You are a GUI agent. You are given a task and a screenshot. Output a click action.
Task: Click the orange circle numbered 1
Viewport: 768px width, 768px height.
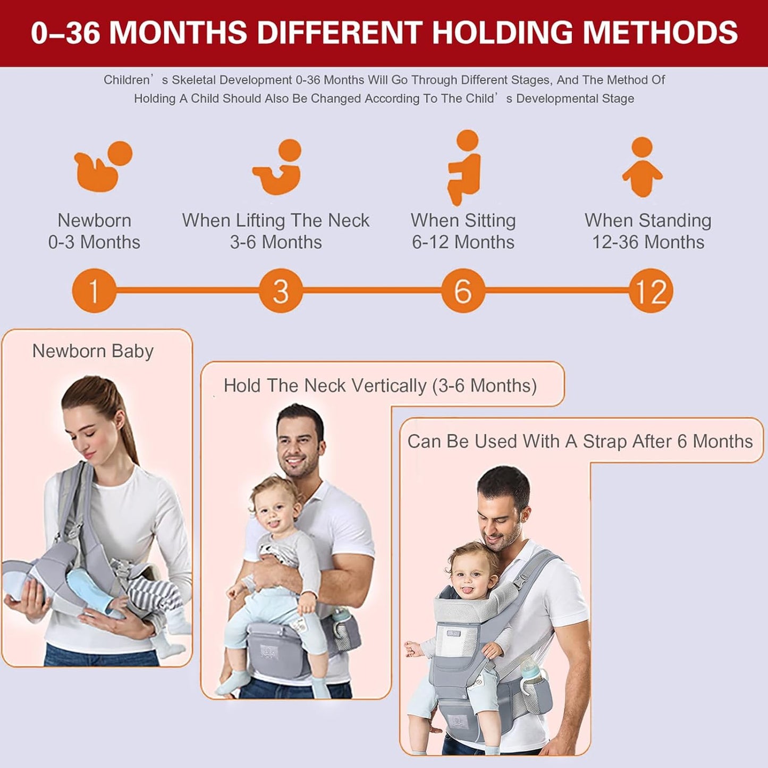pos(94,291)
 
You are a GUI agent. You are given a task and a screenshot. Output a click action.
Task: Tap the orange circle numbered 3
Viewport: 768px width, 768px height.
pos(281,291)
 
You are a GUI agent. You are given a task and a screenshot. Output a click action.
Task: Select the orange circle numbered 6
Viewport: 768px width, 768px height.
pos(463,291)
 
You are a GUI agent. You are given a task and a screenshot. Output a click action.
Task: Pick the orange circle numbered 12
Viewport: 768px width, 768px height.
pos(651,291)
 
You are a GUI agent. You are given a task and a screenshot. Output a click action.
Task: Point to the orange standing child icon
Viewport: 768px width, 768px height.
pos(642,167)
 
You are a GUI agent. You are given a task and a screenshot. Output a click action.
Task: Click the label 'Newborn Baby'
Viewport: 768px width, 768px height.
pos(93,351)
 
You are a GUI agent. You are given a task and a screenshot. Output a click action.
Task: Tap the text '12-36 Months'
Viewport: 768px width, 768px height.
pos(648,242)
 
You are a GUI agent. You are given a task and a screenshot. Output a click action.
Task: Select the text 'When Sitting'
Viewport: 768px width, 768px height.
pos(463,220)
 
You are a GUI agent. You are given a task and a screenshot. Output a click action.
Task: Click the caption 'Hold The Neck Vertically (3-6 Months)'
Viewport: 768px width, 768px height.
pos(380,385)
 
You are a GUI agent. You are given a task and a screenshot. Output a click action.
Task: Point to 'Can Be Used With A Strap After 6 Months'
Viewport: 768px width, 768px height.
pos(580,441)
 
